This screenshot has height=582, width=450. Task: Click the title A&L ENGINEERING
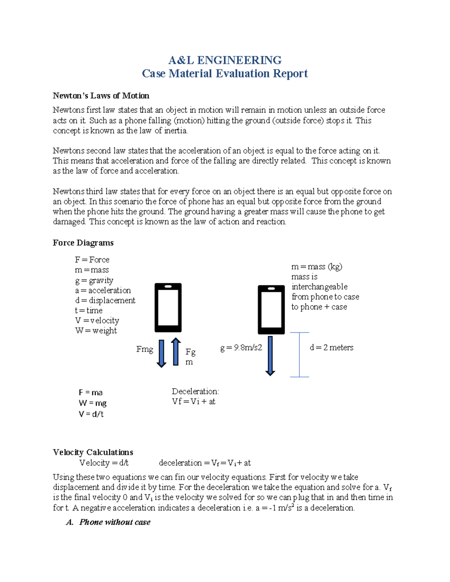tap(225, 60)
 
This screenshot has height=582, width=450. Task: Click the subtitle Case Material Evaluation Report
tap(225, 73)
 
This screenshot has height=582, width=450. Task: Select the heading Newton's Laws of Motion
tap(101, 96)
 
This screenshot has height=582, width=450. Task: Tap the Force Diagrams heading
tap(83, 243)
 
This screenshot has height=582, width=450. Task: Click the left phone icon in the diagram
tap(168, 308)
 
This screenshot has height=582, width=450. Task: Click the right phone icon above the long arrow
tap(271, 310)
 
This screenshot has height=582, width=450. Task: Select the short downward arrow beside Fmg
tap(161, 353)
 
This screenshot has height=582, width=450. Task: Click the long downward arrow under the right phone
tap(270, 356)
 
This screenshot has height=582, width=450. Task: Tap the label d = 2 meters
tap(331, 348)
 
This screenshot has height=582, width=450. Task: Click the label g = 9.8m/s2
tap(241, 348)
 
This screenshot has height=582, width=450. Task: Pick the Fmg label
tap(145, 349)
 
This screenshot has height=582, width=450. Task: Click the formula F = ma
tap(90, 392)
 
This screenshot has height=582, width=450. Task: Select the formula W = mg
tap(92, 403)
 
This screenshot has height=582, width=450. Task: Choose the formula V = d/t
tap(91, 414)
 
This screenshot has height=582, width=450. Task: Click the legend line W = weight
tap(96, 331)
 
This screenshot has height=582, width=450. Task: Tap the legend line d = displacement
tap(105, 300)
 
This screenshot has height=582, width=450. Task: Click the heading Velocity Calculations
tap(93, 452)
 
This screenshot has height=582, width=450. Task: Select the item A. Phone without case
tap(108, 522)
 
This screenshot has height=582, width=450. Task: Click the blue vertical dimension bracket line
tap(299, 355)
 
